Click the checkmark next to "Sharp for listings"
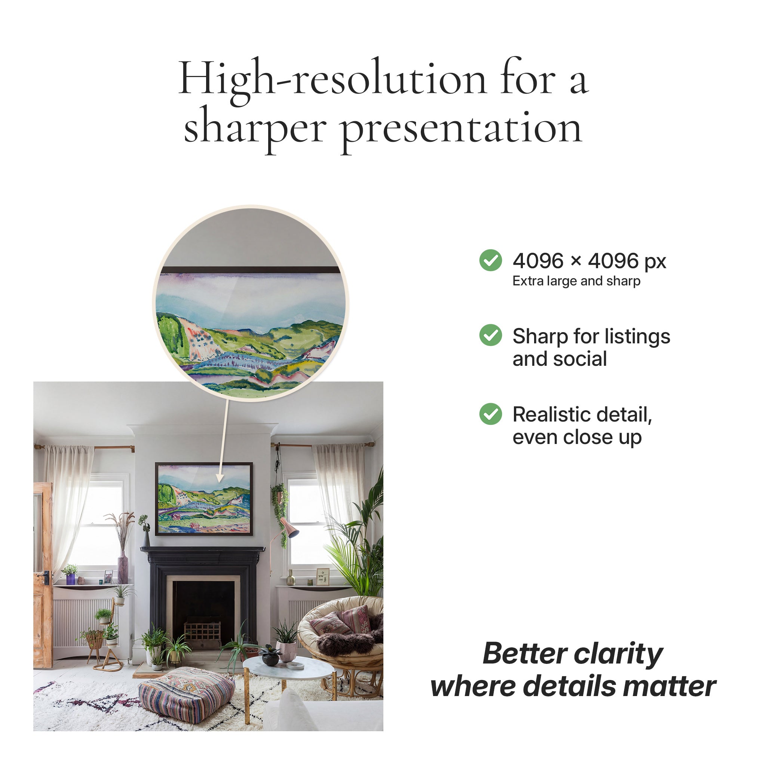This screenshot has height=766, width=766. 490,335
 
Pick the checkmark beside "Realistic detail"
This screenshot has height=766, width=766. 490,414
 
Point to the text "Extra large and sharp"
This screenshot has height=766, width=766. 576,281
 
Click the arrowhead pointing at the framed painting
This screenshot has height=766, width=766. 220,477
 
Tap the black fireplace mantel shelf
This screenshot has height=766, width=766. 203,549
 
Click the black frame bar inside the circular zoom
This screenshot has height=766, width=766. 251,270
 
